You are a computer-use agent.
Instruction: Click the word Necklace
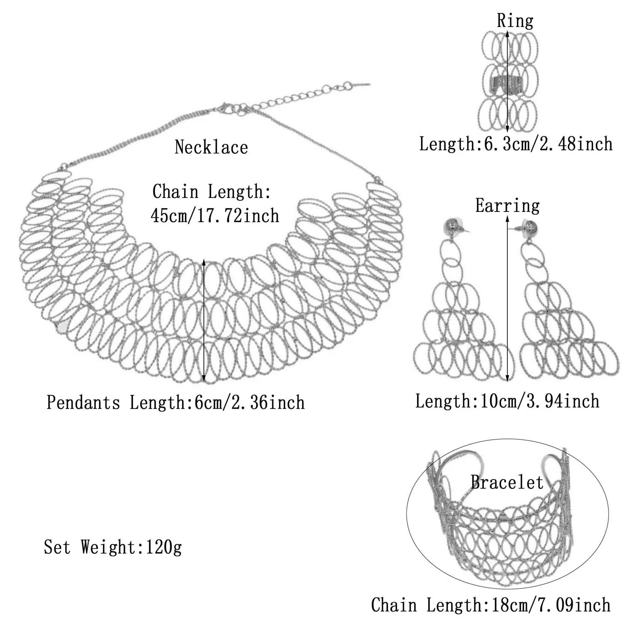click(x=211, y=147)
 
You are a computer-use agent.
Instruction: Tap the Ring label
click(x=515, y=21)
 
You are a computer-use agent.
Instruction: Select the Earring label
click(x=507, y=206)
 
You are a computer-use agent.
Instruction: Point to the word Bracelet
click(x=507, y=482)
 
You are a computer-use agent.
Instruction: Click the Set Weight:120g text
click(x=113, y=547)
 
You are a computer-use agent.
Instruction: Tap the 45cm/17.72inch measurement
click(x=215, y=216)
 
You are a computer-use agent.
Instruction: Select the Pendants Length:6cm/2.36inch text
click(x=175, y=403)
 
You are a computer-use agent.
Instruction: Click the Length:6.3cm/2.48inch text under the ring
click(x=516, y=144)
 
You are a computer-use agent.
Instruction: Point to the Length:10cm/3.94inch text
click(x=507, y=401)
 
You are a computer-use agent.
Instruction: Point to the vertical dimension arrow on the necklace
click(x=204, y=320)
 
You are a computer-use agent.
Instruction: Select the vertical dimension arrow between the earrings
click(x=508, y=299)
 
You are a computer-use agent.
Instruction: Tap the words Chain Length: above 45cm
click(x=212, y=191)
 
